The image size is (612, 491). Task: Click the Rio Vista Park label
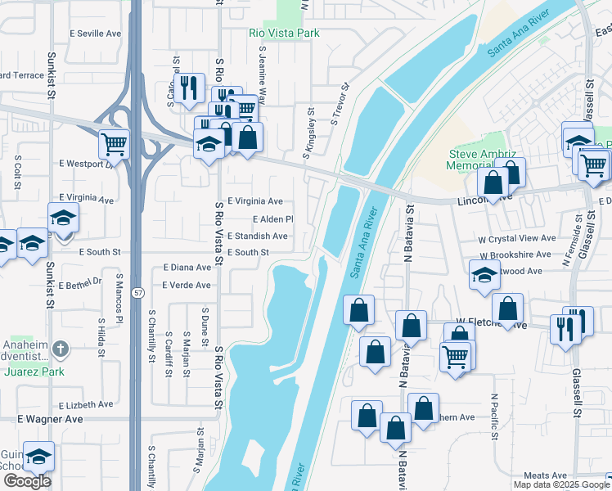coord(284,34)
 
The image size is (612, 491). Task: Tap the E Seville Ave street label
coord(95,34)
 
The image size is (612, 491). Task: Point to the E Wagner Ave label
coord(51,418)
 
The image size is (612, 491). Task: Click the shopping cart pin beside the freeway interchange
coord(115,144)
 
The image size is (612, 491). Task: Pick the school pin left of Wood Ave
coord(484,276)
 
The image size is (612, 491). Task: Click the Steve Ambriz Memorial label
coord(480,160)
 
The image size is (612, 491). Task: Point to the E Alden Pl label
coord(272,219)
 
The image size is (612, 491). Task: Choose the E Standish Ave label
coord(257,236)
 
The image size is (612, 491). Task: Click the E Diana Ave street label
coord(187,268)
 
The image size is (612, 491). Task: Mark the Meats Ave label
coord(545,475)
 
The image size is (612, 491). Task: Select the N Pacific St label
coord(494,416)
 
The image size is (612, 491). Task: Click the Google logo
coord(27,481)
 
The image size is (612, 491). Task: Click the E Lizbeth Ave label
coord(86,404)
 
